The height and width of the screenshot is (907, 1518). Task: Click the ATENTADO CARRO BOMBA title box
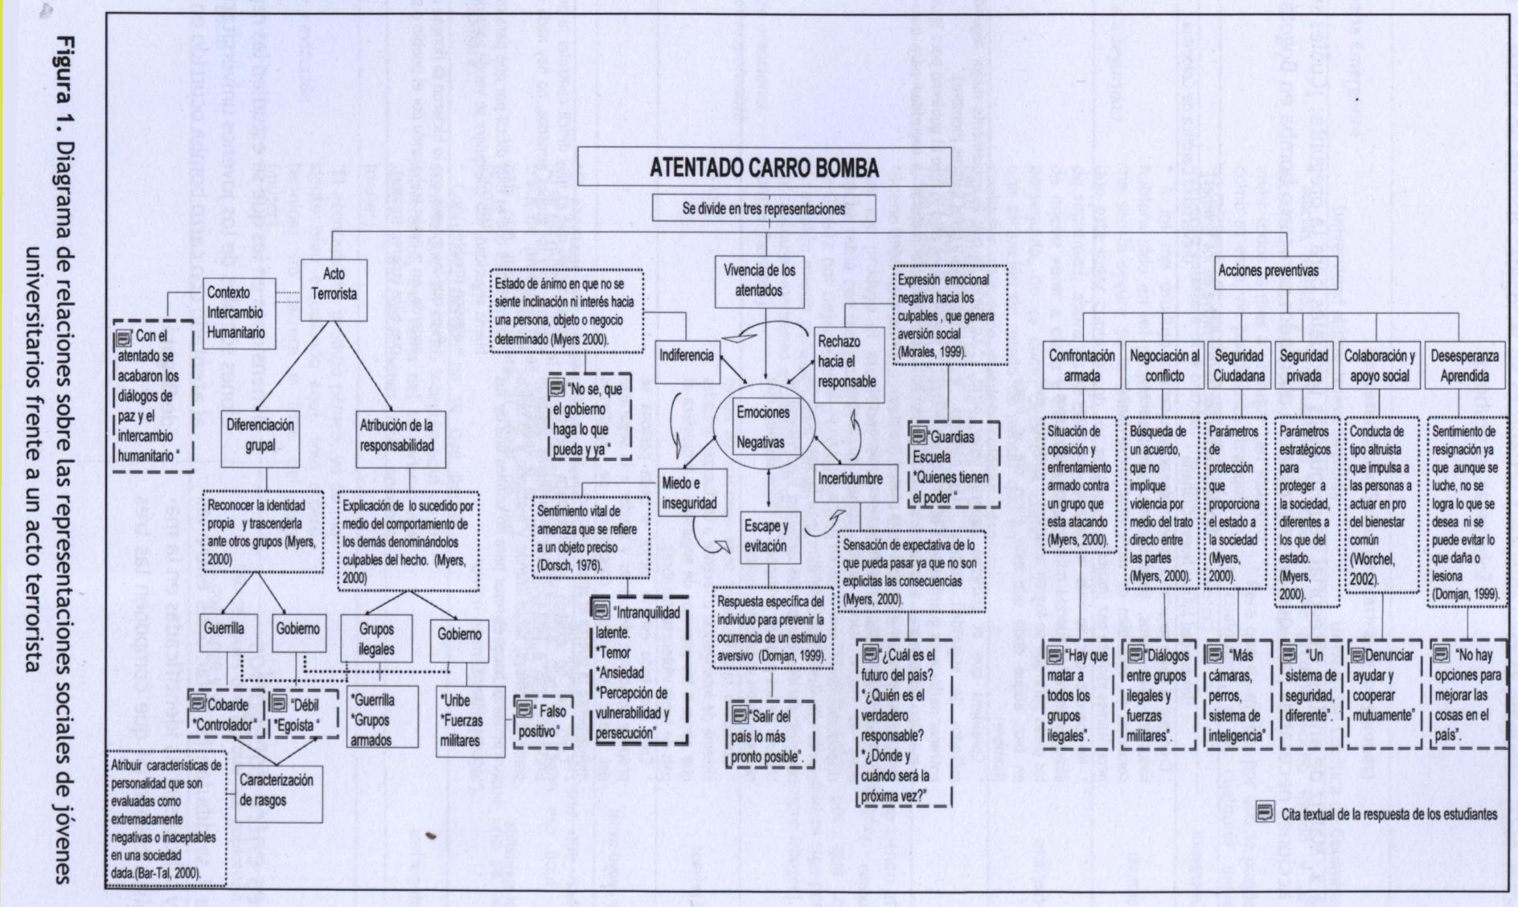click(x=763, y=168)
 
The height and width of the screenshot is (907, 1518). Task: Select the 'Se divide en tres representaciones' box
click(x=763, y=209)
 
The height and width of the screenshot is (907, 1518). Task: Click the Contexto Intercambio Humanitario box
click(x=234, y=312)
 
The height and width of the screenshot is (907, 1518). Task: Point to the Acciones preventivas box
click(x=1268, y=271)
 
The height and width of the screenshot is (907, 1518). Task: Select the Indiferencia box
click(x=686, y=355)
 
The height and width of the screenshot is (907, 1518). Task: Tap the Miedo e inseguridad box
click(x=689, y=492)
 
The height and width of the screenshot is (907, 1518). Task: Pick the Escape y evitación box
click(x=766, y=536)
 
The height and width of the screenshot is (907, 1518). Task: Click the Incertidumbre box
click(x=850, y=478)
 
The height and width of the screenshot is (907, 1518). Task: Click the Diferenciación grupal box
click(x=259, y=435)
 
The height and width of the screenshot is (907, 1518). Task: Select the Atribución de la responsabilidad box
click(x=396, y=435)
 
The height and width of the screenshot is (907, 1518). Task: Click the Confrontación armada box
click(x=1081, y=366)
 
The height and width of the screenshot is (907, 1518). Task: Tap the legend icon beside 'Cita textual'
click(x=1265, y=813)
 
